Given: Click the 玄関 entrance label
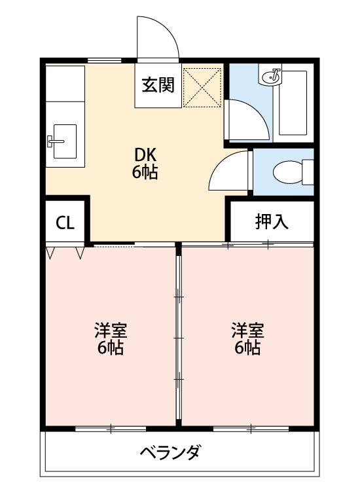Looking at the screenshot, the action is click(158, 85).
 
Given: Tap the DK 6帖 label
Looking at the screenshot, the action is click(145, 163).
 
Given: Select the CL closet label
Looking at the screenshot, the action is click(65, 223).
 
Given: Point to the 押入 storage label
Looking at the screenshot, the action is click(272, 221).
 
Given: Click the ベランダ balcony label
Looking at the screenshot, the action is click(170, 452).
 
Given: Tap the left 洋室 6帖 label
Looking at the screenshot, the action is click(111, 339).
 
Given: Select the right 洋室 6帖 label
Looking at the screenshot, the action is click(247, 339).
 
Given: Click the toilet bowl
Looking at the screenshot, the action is click(287, 172).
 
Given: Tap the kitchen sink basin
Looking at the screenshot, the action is click(65, 141).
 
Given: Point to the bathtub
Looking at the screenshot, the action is click(293, 103).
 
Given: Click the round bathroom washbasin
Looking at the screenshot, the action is click(270, 76).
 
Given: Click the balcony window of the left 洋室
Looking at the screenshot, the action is click(111, 429).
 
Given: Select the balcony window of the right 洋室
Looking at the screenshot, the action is click(251, 429).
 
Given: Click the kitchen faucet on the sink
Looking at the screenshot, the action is click(56, 141).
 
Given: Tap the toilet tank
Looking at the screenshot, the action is click(308, 172).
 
